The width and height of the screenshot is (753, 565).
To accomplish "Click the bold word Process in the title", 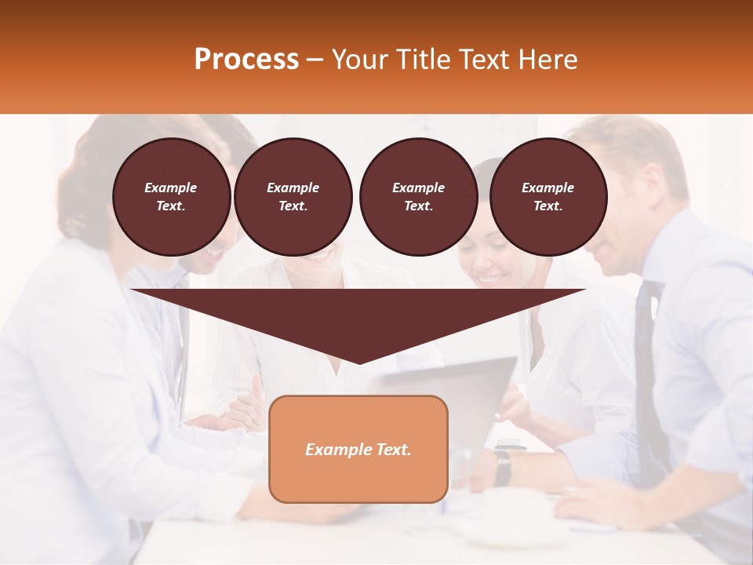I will (246, 60).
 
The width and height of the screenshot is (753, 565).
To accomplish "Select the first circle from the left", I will (172, 197).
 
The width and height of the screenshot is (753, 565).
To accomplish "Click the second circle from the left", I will (293, 197).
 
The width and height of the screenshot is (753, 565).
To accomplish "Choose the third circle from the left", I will (419, 197).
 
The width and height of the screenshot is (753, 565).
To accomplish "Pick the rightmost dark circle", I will (548, 197).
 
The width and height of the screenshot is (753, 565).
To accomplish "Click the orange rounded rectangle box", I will (358, 449).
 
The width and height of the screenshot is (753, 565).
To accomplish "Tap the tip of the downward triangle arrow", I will (358, 362).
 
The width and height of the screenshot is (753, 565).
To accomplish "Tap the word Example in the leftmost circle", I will (171, 188).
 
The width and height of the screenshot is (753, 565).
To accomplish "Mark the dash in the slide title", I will (315, 60).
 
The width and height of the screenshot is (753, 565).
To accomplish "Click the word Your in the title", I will (359, 60).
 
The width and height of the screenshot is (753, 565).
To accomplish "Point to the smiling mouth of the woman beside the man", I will (490, 279).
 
